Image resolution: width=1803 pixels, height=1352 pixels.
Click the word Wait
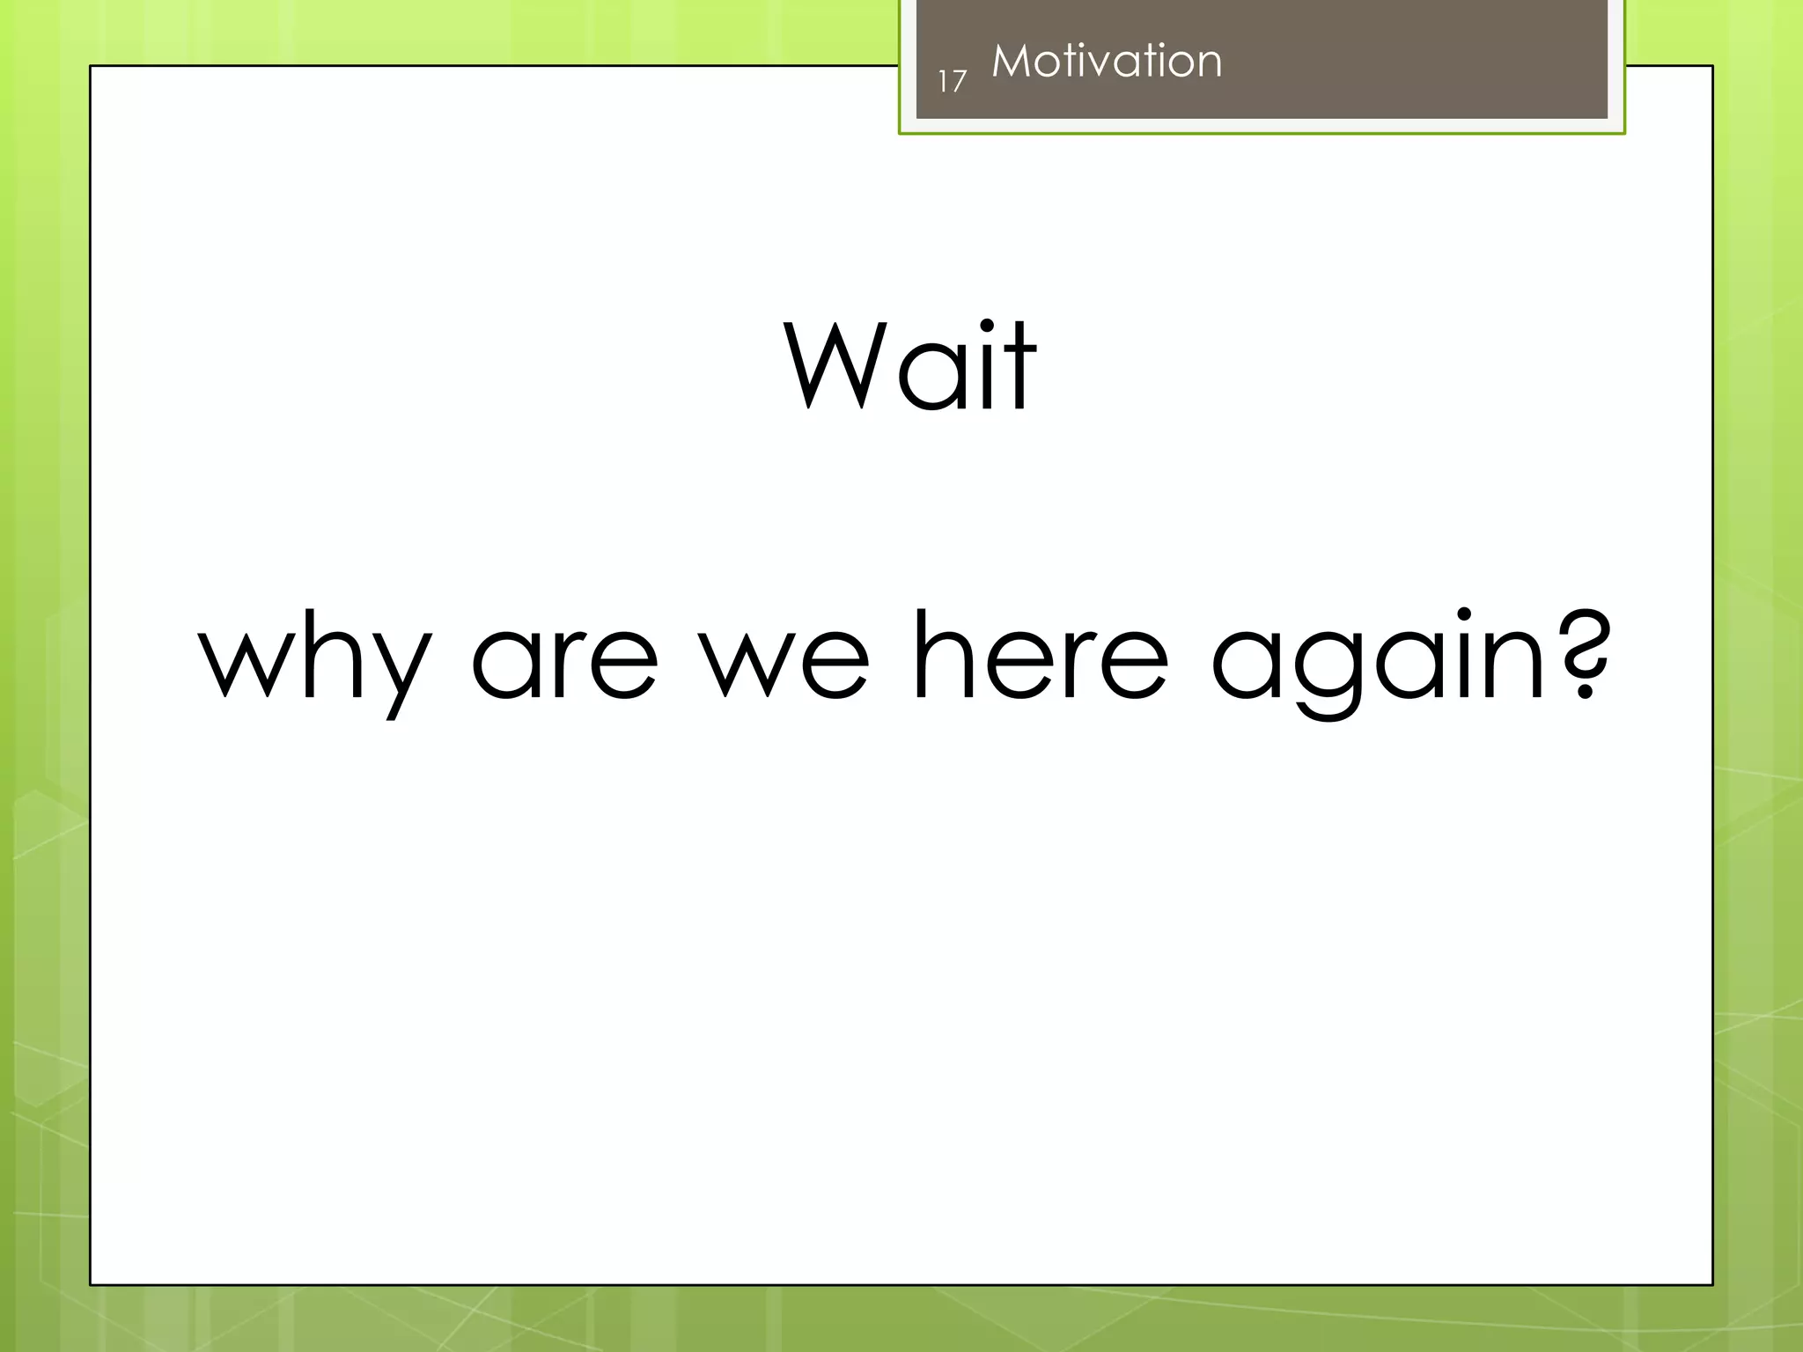coord(910,367)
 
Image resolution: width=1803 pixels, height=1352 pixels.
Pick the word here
coord(1041,656)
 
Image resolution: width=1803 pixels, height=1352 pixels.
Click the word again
coord(1379,660)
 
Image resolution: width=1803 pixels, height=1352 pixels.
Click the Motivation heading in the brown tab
coord(1107,62)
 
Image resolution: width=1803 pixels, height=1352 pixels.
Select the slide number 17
coord(952,82)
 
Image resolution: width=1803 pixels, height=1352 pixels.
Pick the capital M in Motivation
coord(1010,62)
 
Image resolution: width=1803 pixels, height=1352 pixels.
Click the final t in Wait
coord(1020,370)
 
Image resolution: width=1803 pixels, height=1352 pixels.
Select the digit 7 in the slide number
coord(959,82)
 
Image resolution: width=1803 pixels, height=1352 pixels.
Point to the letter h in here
coord(946,656)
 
